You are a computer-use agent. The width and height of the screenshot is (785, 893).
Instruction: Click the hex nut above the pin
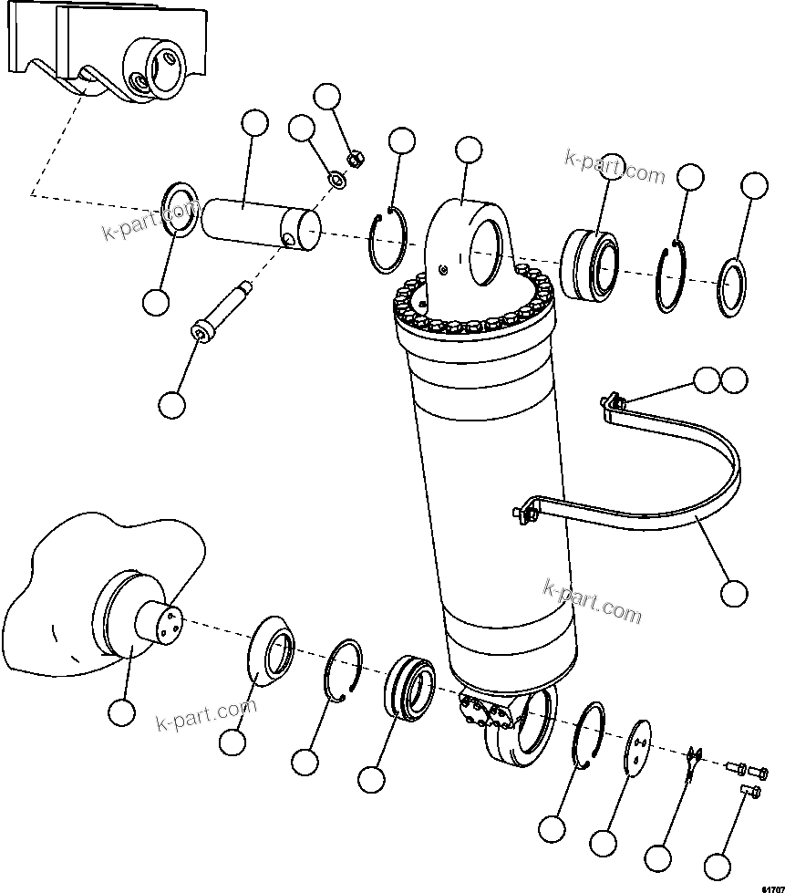tap(357, 160)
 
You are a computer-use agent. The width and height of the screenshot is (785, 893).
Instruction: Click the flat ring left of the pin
tap(179, 210)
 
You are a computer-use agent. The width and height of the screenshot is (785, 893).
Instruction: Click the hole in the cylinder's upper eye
tap(489, 247)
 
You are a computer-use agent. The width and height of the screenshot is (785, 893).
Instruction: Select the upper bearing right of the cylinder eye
tap(589, 265)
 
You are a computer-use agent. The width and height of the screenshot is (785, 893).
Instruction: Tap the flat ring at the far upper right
tap(733, 288)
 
